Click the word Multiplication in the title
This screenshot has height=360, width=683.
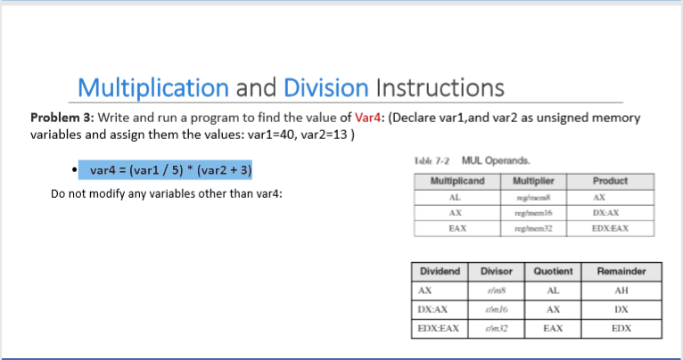(x=152, y=87)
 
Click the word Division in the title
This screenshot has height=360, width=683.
(x=325, y=87)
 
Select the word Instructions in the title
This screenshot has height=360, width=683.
(x=440, y=87)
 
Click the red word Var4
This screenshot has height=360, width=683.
(x=368, y=118)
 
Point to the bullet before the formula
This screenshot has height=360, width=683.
(x=70, y=169)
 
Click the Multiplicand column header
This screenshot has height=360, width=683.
(x=457, y=181)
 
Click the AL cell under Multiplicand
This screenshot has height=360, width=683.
(x=457, y=197)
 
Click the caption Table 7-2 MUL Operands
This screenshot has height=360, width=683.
(x=473, y=160)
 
